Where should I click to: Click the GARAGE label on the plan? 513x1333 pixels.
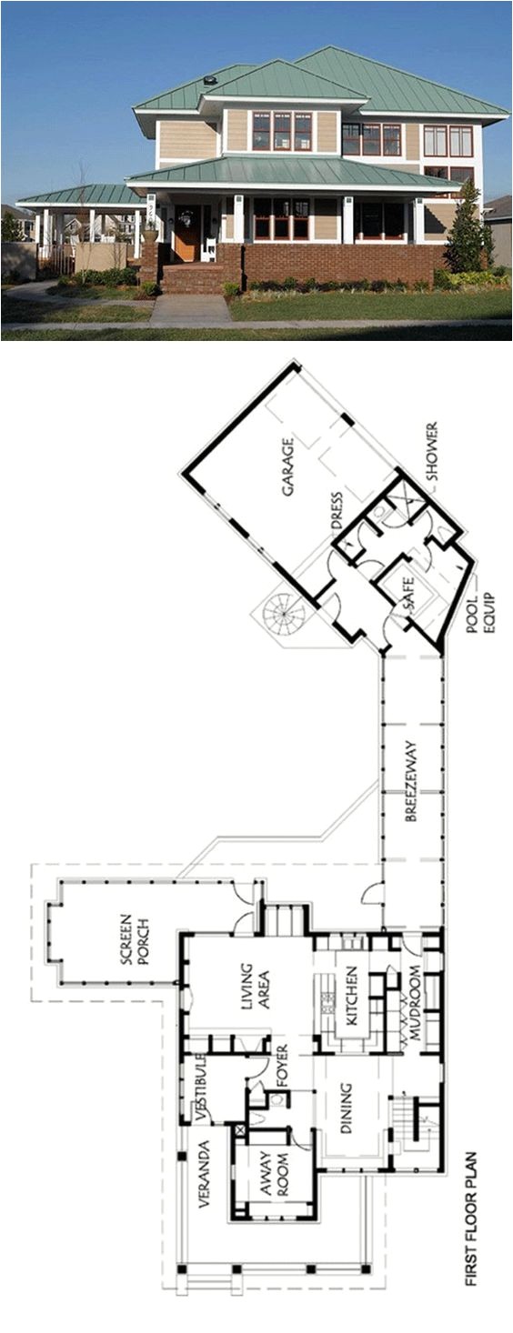[x=288, y=467]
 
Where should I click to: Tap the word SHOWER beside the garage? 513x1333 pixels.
[x=432, y=452]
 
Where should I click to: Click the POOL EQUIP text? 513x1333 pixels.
[x=479, y=613]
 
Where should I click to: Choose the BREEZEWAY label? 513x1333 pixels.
[x=411, y=782]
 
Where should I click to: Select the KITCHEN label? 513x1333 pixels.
[x=352, y=998]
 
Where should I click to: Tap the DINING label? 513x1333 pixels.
[x=346, y=1111]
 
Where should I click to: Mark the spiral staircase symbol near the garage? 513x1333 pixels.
[x=283, y=614]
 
